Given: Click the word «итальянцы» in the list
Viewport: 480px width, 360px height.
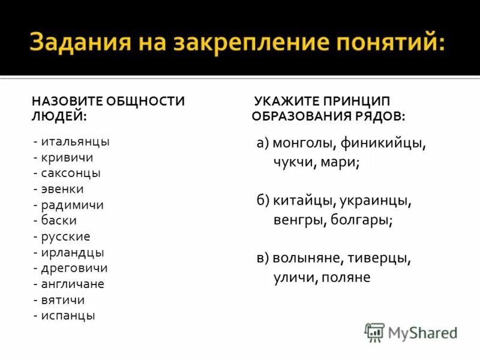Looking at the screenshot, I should [x=76, y=142].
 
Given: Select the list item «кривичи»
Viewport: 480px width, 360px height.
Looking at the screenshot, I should [x=67, y=158].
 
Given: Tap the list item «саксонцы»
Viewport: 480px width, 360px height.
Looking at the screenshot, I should [x=71, y=173].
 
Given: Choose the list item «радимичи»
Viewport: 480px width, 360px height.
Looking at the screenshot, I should [x=73, y=205].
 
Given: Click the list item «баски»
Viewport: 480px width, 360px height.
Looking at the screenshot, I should [x=59, y=221].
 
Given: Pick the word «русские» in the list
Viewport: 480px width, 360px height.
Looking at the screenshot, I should [x=66, y=236].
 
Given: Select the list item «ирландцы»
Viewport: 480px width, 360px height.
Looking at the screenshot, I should [x=73, y=252].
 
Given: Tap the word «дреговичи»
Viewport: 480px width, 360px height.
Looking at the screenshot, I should [x=74, y=268].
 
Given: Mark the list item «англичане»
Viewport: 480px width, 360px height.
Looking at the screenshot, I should [x=73, y=284].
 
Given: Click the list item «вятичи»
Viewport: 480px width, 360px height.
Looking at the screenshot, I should [x=63, y=299].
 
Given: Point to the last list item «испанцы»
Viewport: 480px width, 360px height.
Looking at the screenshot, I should [x=68, y=315].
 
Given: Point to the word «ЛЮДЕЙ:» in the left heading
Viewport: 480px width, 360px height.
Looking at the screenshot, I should [x=58, y=114].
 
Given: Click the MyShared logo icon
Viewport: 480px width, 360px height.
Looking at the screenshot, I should [x=374, y=332].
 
